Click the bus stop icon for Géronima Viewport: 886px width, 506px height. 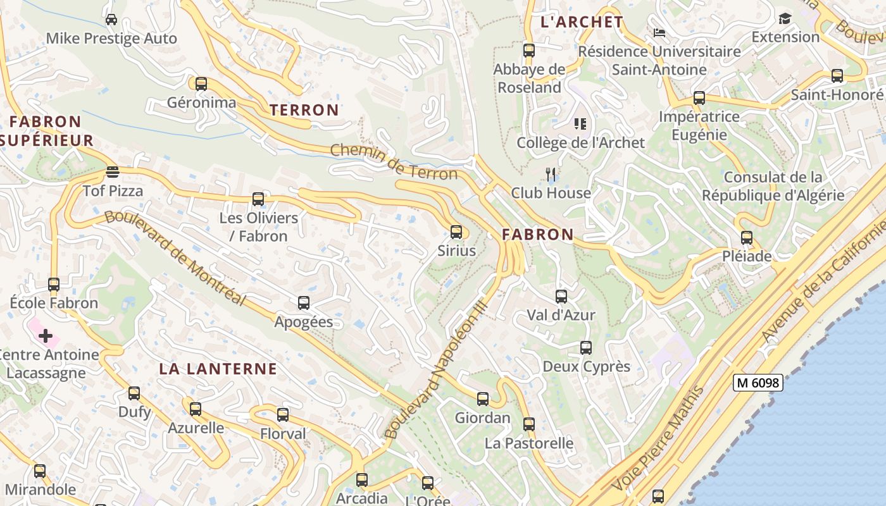pos(201,83)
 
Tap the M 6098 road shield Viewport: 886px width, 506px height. pos(758,383)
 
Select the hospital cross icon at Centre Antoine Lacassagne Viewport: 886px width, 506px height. pos(46,336)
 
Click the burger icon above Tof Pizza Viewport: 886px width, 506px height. pos(113,172)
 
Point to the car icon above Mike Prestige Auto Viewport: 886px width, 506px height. pos(111,20)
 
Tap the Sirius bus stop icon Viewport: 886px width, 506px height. pos(456,232)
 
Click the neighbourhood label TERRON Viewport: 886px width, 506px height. pos(304,110)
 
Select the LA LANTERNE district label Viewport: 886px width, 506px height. pos(218,369)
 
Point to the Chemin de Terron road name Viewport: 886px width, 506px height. pos(394,161)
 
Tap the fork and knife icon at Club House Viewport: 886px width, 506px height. pos(551,174)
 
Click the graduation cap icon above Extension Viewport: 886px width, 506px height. pos(785,18)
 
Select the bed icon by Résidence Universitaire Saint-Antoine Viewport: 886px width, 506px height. pos(659,33)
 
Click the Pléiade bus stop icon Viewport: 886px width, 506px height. pos(747,238)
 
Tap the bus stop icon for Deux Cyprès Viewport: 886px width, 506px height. pos(586,348)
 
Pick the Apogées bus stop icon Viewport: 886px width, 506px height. pos(304,303)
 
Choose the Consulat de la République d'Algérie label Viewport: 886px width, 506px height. pos(773,186)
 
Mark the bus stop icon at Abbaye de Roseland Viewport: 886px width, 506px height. pos(529,51)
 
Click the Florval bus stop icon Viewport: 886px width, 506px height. pos(283,415)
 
